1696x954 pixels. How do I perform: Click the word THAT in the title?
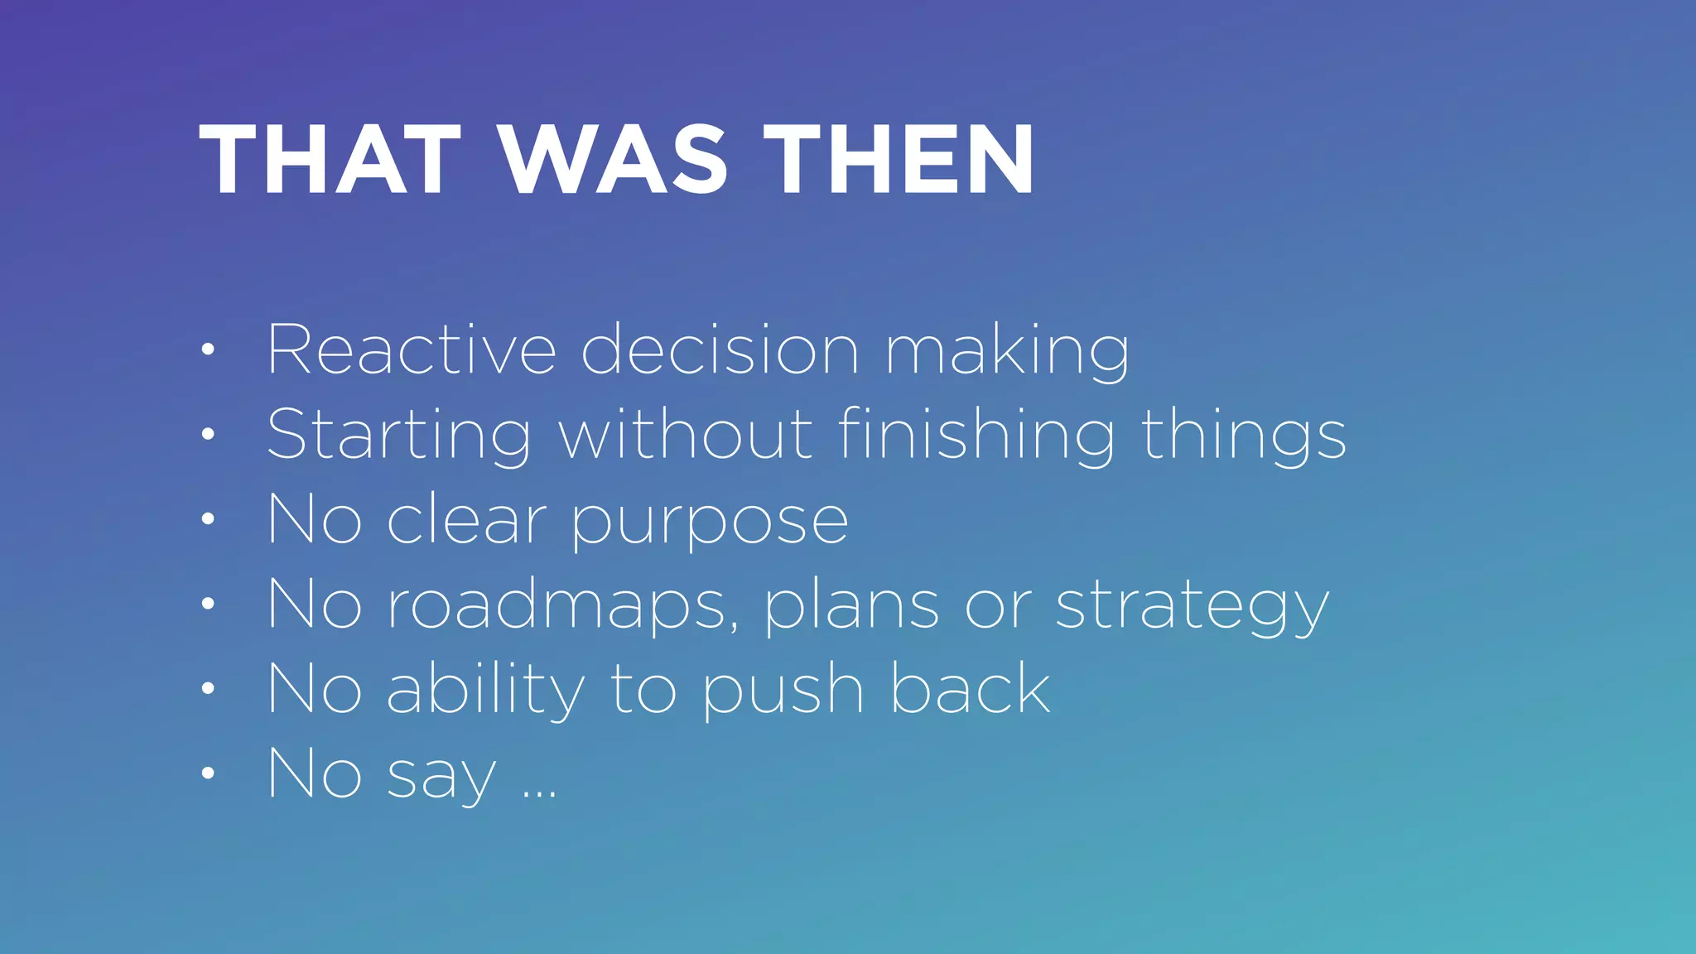coord(329,160)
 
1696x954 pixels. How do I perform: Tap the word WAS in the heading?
coord(613,160)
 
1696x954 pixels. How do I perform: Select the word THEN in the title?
coord(899,160)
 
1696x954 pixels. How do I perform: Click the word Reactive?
coord(411,350)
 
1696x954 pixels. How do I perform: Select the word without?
coord(687,434)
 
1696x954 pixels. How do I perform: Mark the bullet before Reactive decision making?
coord(208,350)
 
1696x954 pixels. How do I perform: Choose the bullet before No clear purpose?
coord(208,520)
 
